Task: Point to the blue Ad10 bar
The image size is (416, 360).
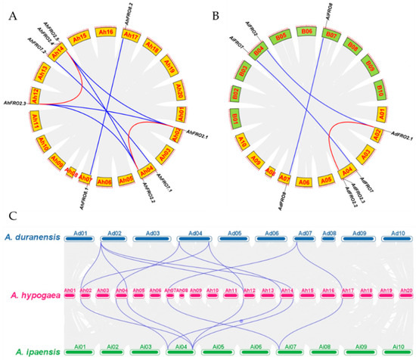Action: pyautogui.click(x=395, y=235)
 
